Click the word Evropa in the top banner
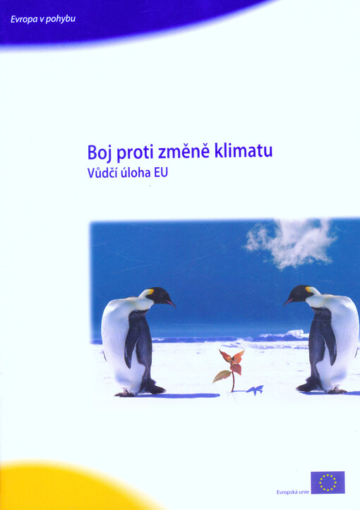(x=25, y=18)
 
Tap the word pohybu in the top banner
(x=61, y=19)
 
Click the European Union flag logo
(x=328, y=482)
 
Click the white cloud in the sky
(x=289, y=242)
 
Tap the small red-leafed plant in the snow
(x=230, y=366)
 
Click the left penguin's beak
(x=170, y=303)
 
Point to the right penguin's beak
(x=288, y=300)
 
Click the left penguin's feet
(x=150, y=388)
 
